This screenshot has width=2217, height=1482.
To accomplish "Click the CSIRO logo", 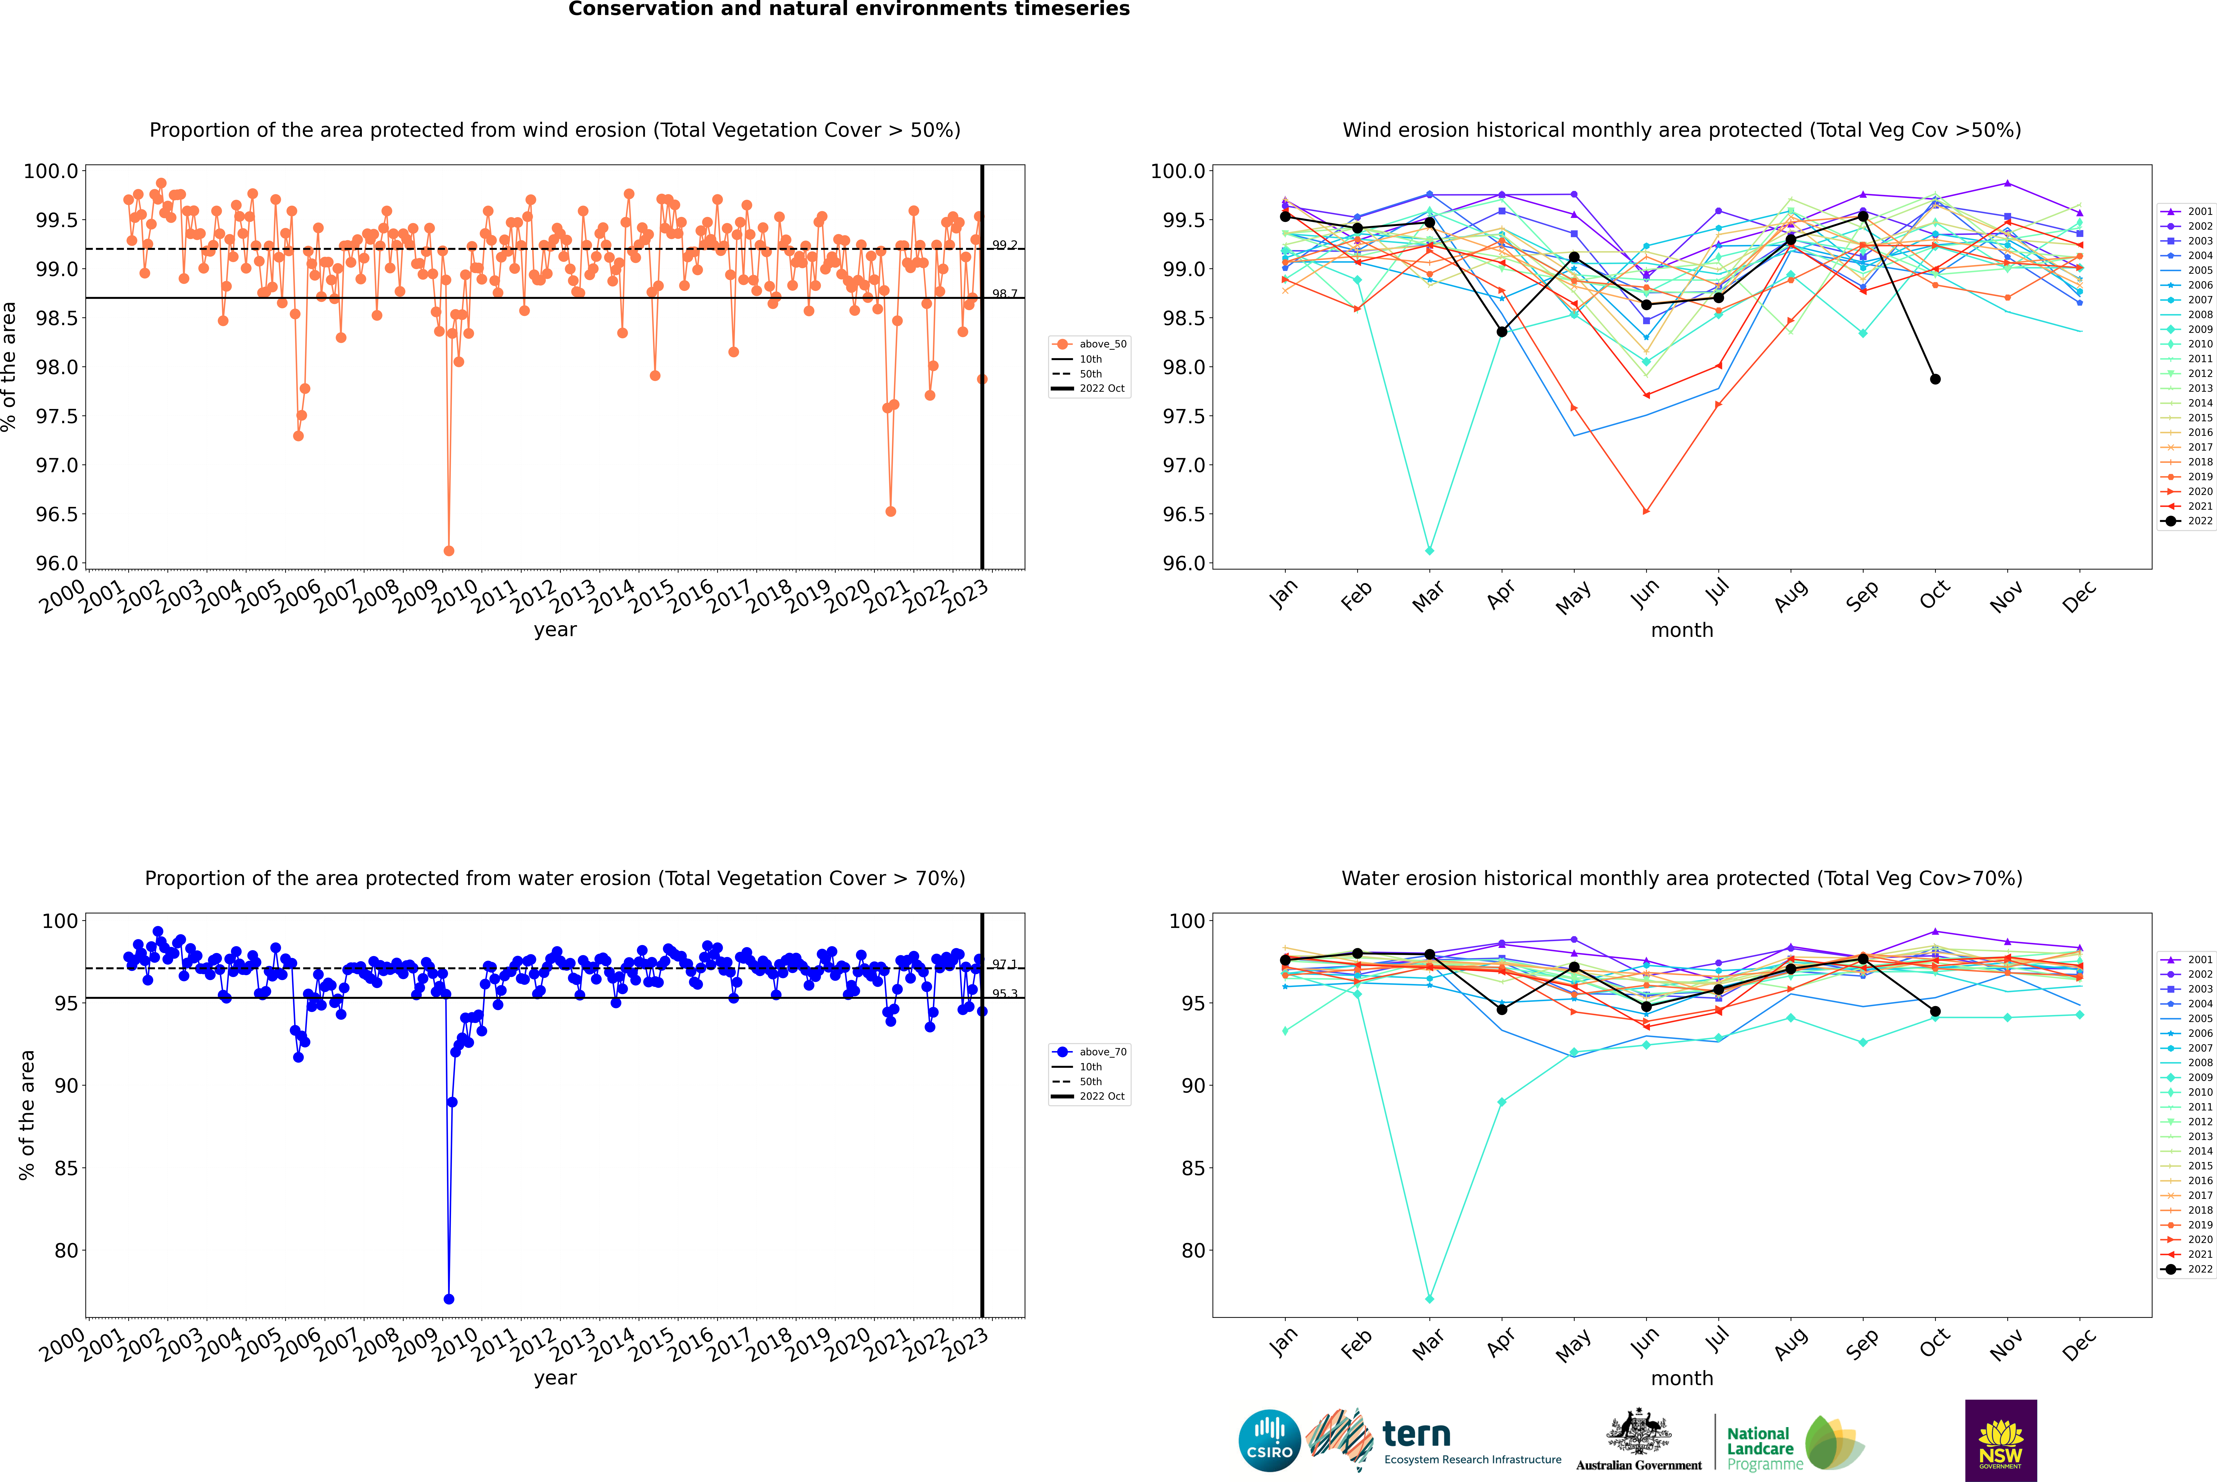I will (1269, 1440).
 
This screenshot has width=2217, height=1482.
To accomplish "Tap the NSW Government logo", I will (2001, 1440).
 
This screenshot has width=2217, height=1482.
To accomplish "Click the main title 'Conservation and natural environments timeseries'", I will (849, 9).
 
